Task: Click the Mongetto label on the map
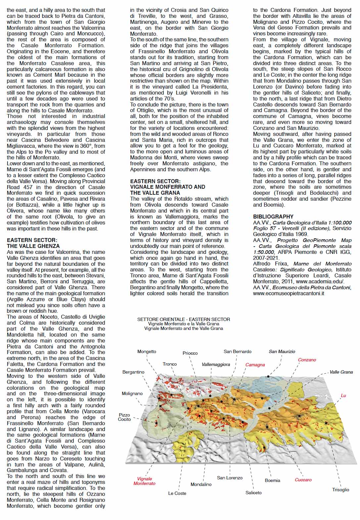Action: point(147,351)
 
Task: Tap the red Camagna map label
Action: point(255,365)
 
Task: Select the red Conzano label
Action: point(307,360)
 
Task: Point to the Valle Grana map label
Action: point(341,372)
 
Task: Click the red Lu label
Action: point(343,395)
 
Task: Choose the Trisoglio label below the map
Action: point(340,490)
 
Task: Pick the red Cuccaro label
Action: point(303,480)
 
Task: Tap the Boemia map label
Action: point(272,480)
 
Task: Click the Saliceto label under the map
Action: point(253,493)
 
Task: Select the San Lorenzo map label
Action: point(230,478)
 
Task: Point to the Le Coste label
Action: point(177,493)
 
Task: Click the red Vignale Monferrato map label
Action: point(144,481)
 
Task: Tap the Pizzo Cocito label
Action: point(124,417)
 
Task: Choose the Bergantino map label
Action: point(133,372)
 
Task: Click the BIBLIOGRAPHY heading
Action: point(273,217)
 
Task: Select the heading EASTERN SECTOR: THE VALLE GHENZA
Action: point(33,243)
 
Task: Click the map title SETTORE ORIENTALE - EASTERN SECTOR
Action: point(184,319)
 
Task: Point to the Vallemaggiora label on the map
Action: point(216,364)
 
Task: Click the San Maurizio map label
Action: point(282,351)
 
